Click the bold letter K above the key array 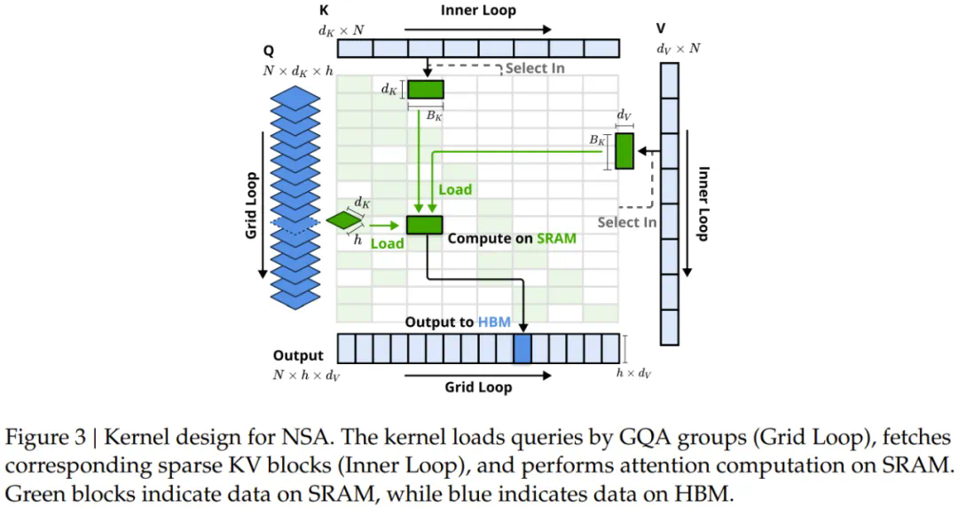coord(324,12)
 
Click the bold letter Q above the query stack coord(269,52)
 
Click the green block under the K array coord(425,89)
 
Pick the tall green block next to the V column coord(624,151)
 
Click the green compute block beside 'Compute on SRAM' coord(424,225)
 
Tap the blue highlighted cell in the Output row coord(522,347)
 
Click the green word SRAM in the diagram coord(557,238)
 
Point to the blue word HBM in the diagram coord(494,321)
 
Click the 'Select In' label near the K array coord(535,68)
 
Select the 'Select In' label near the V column coord(626,222)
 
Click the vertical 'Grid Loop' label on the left coord(251,204)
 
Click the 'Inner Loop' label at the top coord(478,11)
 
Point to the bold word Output coord(298,356)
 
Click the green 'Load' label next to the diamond coord(387,243)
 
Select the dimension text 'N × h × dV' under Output coord(306,375)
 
